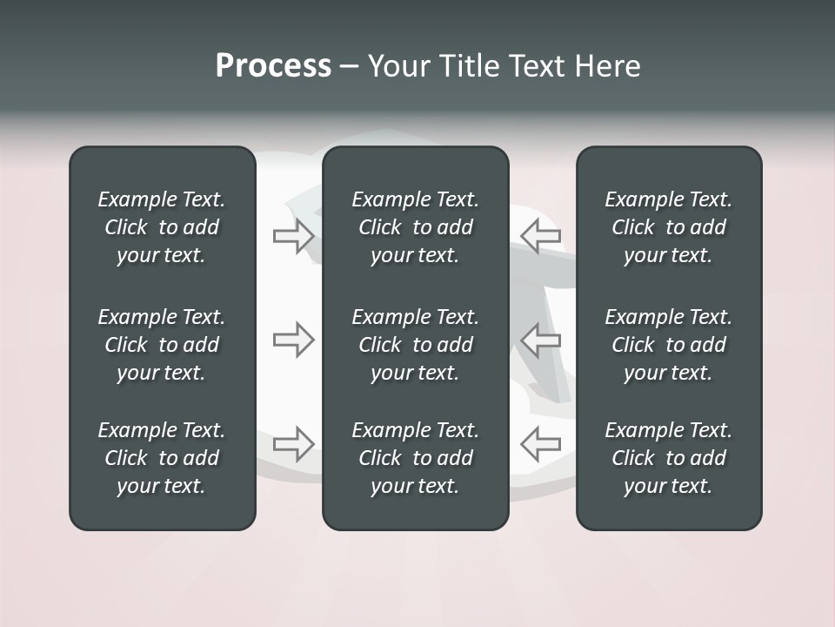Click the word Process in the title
click(273, 66)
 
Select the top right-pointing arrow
click(293, 236)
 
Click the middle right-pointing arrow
click(293, 340)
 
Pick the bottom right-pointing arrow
click(293, 444)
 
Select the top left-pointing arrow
click(540, 236)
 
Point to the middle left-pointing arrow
click(540, 340)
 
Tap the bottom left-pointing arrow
click(540, 444)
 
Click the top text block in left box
click(162, 227)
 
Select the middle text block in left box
click(162, 345)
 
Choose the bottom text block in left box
click(162, 458)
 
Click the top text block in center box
click(416, 227)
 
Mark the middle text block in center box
click(416, 345)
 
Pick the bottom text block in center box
click(416, 458)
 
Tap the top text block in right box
click(669, 227)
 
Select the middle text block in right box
click(669, 345)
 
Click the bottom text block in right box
click(669, 458)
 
